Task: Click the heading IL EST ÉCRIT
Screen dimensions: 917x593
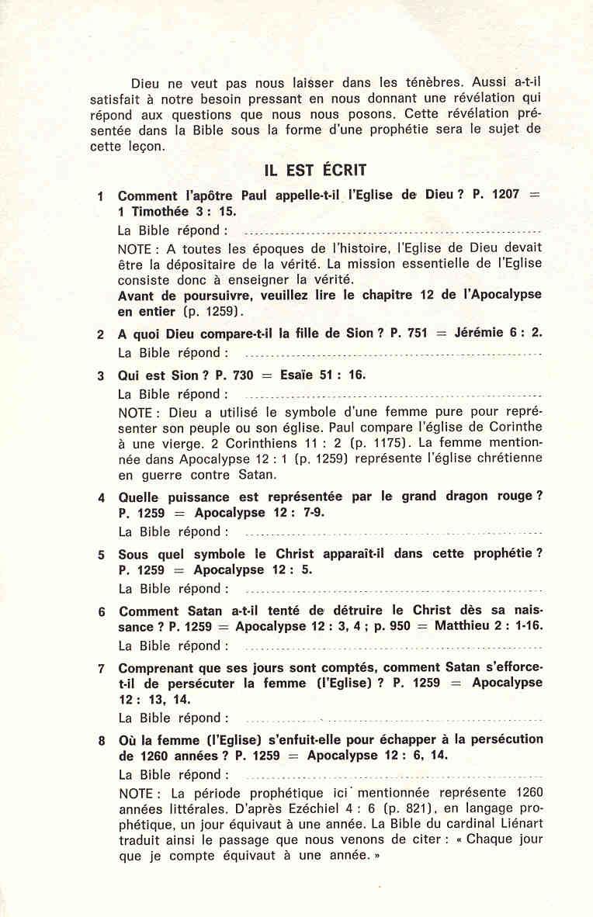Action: coord(315,170)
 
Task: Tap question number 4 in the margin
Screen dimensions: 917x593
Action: coord(101,498)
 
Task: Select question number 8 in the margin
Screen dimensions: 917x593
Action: coord(101,741)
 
